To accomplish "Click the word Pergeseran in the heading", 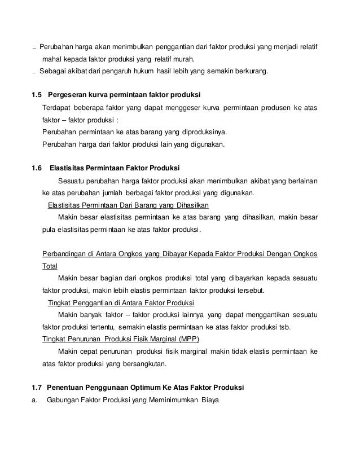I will coord(68,93).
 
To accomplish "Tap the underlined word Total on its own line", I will coord(50,266).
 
